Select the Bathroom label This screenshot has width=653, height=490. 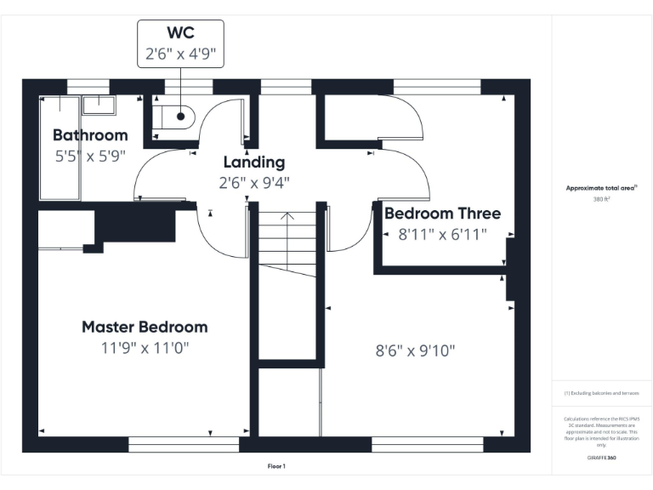tap(90, 135)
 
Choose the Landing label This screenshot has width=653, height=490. tap(253, 162)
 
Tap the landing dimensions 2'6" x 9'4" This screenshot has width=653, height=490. tap(253, 182)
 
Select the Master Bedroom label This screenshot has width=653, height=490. tap(145, 328)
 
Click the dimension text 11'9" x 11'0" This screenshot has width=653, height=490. tap(145, 348)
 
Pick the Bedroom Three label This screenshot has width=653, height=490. tap(442, 214)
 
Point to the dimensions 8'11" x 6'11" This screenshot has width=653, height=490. tap(442, 234)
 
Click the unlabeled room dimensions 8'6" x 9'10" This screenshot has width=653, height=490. tap(416, 350)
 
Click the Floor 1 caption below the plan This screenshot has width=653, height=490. tap(276, 466)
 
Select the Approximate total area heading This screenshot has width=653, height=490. tap(601, 188)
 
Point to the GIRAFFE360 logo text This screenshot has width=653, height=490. tap(601, 458)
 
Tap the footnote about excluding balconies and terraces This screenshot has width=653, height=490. tap(601, 393)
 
